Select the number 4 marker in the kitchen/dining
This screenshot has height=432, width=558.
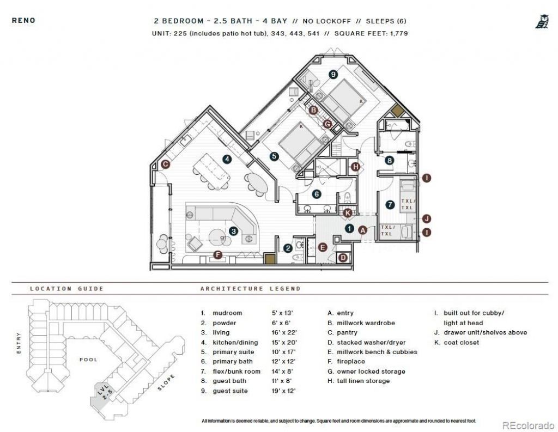(227, 159)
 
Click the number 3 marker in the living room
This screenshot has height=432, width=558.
(233, 231)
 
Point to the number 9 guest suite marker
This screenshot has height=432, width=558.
(333, 74)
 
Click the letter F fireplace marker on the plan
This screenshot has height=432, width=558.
(218, 254)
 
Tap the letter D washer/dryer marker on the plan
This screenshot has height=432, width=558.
(343, 258)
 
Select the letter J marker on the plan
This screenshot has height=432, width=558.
(427, 218)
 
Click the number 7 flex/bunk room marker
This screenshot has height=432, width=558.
(389, 205)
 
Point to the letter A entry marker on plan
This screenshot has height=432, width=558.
(362, 230)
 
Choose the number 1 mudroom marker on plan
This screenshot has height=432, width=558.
(349, 229)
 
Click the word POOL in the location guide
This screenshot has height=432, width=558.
(88, 360)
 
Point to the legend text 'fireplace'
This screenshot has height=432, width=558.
(350, 361)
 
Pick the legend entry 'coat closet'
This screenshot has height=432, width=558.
(461, 342)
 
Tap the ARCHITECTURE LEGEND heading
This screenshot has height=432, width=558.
(250, 289)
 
